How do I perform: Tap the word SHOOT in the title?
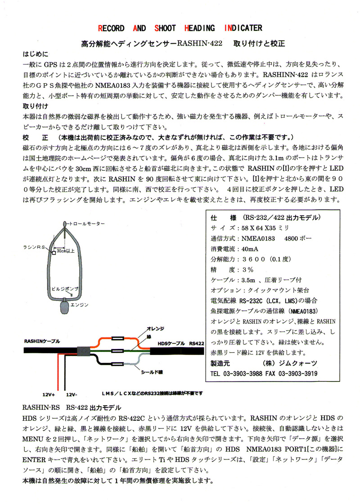pos(165,28)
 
